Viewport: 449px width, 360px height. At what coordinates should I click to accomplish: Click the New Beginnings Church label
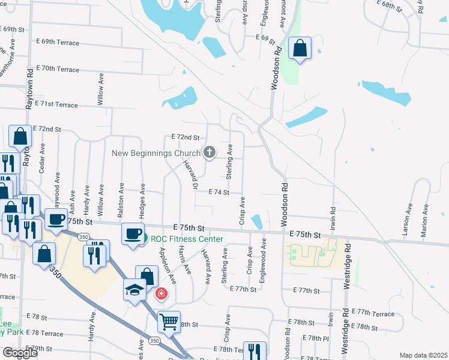155,153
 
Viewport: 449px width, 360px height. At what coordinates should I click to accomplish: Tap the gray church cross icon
209,152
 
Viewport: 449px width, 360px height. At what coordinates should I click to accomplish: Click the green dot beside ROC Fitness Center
145,239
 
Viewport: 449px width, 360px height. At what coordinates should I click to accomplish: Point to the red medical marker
161,294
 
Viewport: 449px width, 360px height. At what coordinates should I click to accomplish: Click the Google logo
20,353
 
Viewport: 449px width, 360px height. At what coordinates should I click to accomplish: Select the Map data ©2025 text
423,355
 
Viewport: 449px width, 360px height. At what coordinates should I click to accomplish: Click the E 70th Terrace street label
58,70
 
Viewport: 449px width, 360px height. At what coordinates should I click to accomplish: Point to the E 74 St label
219,192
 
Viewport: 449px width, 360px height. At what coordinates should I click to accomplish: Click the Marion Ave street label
426,220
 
